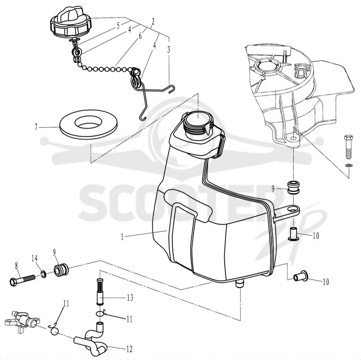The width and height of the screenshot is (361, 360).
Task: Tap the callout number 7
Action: (x=36, y=127)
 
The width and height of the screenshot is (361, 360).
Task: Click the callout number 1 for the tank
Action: (x=122, y=237)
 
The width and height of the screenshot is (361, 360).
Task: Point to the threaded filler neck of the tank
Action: (x=198, y=125)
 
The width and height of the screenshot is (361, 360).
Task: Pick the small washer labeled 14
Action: (x=43, y=274)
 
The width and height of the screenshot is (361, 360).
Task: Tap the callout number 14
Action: (x=35, y=258)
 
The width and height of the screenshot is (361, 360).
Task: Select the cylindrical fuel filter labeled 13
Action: (x=100, y=291)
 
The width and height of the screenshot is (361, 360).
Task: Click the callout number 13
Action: (x=130, y=298)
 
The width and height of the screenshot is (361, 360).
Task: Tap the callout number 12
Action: (x=130, y=349)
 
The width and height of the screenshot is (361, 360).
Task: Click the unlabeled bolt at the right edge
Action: (x=348, y=147)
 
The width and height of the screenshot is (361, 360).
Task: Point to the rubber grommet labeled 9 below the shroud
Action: (x=294, y=188)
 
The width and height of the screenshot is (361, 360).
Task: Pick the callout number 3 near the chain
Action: (x=169, y=50)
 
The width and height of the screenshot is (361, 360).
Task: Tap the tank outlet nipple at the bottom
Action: (x=240, y=284)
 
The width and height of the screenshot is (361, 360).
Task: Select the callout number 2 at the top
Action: (x=153, y=22)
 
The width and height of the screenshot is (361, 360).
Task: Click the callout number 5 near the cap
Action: (x=118, y=26)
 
